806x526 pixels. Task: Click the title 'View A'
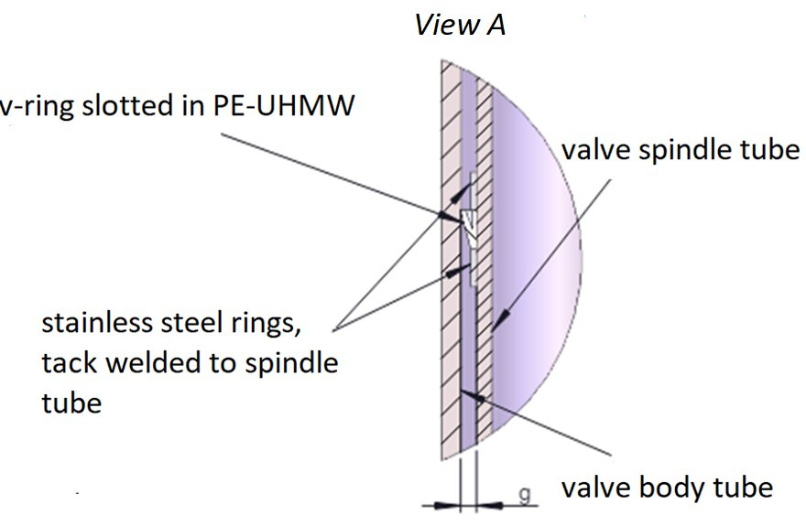click(460, 25)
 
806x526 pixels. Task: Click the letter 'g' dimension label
click(524, 495)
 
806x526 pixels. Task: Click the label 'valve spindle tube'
click(681, 150)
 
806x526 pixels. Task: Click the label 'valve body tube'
click(667, 487)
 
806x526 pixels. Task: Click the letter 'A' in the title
click(495, 25)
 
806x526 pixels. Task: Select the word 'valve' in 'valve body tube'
click(595, 487)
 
